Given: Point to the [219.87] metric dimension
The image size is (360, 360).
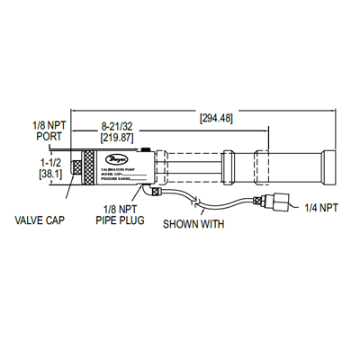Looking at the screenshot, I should click(117, 139).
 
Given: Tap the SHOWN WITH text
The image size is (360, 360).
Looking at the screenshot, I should click(193, 223).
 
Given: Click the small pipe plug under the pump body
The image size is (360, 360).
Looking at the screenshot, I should click(154, 191).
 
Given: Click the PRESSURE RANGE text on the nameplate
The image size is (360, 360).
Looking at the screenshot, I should click(125, 180).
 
